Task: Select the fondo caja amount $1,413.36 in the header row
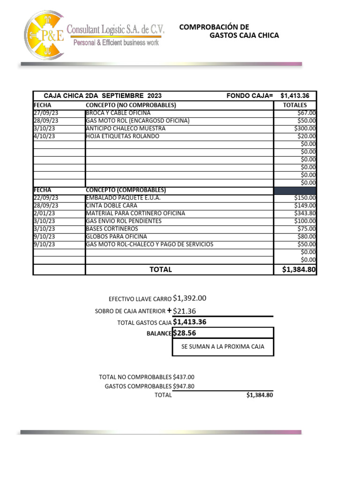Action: pos(298,96)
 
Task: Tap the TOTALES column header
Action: pos(295,105)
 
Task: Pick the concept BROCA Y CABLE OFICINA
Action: pos(118,113)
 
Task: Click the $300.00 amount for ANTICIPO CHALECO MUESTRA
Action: pos(305,128)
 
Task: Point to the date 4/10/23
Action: pos(45,136)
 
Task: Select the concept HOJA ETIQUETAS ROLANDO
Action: pos(122,136)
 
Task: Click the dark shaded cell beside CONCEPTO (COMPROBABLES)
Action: pos(295,190)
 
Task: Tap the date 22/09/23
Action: pos(46,198)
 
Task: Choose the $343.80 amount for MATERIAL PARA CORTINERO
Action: pos(305,213)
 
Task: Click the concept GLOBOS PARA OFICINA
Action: pos(116,236)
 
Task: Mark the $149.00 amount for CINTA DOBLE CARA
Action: pos(305,205)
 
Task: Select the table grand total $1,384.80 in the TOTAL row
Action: pos(299,270)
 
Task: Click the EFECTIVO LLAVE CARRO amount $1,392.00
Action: pos(189,298)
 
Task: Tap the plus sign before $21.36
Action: pos(169,310)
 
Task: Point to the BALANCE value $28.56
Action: pos(184,333)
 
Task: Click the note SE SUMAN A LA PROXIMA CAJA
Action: pos(223,347)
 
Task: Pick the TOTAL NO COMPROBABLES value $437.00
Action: pos(183,377)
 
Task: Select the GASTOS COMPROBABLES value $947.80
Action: pos(183,386)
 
